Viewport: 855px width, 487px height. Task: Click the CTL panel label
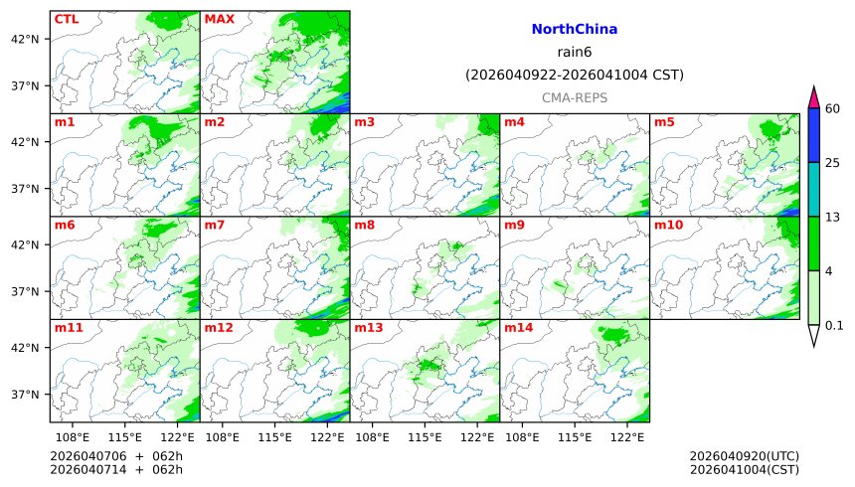pyautogui.click(x=67, y=19)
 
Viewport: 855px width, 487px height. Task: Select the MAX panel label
pyautogui.click(x=219, y=19)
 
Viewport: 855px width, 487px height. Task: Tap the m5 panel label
pyautogui.click(x=664, y=122)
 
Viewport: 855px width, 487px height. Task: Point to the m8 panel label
pyautogui.click(x=365, y=226)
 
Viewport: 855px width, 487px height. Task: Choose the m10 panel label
pyautogui.click(x=667, y=226)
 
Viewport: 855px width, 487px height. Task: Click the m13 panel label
pyautogui.click(x=368, y=328)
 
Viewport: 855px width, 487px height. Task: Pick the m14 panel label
pyautogui.click(x=518, y=328)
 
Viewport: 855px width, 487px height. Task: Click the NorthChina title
pyautogui.click(x=575, y=31)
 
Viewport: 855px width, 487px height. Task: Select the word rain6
pyautogui.click(x=575, y=53)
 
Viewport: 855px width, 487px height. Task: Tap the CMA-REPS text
pyautogui.click(x=575, y=97)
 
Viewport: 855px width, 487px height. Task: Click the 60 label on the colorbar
pyautogui.click(x=833, y=108)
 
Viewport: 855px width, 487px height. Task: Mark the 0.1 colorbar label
pyautogui.click(x=834, y=325)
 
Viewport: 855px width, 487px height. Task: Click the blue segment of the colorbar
pyautogui.click(x=813, y=135)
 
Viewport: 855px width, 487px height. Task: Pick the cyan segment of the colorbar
pyautogui.click(x=813, y=189)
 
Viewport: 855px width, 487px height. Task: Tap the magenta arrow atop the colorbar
pyautogui.click(x=813, y=97)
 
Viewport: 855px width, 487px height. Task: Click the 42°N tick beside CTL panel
pyautogui.click(x=24, y=39)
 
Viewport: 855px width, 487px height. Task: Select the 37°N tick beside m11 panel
pyautogui.click(x=24, y=395)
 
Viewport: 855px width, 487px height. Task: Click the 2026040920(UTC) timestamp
pyautogui.click(x=745, y=456)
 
